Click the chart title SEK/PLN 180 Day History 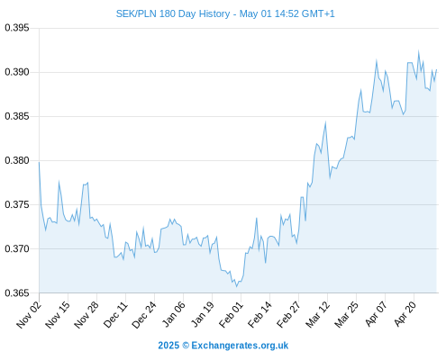pos(173,13)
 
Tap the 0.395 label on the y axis pos(17,28)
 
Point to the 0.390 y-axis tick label pos(17,72)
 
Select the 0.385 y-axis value pos(17,116)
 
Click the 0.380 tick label pos(17,160)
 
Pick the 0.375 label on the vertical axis pos(17,204)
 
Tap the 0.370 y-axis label pos(17,248)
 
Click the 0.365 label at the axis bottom pos(17,292)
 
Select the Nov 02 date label pos(29,315)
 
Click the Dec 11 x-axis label pos(115,315)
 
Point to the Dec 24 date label pos(144,315)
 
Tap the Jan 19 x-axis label pos(203,315)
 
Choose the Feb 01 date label pos(231,315)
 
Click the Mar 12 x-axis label pos(317,315)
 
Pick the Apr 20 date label pos(405,314)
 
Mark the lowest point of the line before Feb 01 pos(236,287)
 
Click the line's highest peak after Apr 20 pos(418,51)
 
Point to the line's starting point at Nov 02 pos(39,162)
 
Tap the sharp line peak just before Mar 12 pos(325,122)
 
